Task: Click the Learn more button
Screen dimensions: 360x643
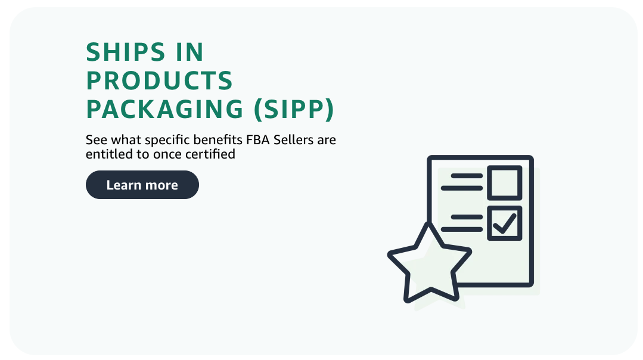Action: pyautogui.click(x=142, y=185)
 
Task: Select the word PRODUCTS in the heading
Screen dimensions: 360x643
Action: pyautogui.click(x=159, y=81)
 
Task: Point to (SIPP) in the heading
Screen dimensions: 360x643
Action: pyautogui.click(x=294, y=109)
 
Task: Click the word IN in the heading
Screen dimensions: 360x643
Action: pyautogui.click(x=190, y=53)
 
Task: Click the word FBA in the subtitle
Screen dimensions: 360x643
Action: pyautogui.click(x=257, y=141)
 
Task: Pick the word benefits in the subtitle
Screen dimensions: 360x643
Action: pyautogui.click(x=212, y=141)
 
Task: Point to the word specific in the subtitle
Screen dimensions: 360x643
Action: pyautogui.click(x=161, y=141)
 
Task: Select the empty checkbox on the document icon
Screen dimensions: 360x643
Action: pyautogui.click(x=505, y=182)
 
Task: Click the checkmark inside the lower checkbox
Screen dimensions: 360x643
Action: pyautogui.click(x=505, y=224)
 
